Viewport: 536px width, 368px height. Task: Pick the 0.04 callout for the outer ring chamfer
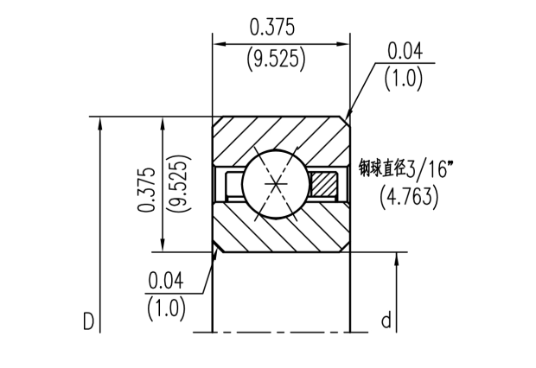[x=405, y=51]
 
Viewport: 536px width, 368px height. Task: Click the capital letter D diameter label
[x=87, y=322]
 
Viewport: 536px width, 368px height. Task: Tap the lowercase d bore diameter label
[x=386, y=321]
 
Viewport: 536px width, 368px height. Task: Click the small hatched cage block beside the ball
[x=325, y=184]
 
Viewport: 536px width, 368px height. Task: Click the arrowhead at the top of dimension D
[x=102, y=123]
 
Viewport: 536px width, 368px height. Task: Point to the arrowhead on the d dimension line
[x=397, y=259]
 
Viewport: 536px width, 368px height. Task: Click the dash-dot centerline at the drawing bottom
[x=281, y=332]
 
